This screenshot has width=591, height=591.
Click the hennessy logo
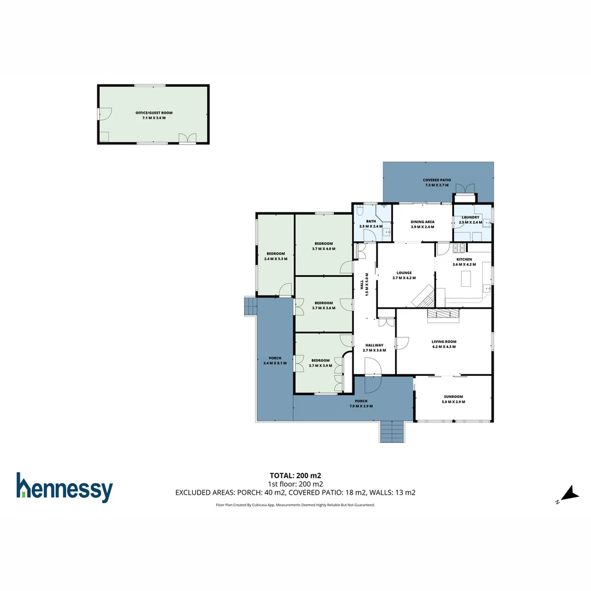coord(65,488)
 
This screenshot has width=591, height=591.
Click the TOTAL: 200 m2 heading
coord(295,475)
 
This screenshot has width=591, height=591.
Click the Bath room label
coord(371,223)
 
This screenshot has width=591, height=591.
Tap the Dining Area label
coord(422,224)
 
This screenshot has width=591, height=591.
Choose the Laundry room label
coord(471,219)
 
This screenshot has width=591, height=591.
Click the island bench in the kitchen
coord(467,278)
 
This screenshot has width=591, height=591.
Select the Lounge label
coord(405,275)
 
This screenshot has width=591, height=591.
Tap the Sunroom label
coord(453,399)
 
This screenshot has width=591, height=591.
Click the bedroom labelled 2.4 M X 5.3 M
coord(275,256)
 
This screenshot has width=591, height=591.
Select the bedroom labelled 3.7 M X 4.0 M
coord(323,246)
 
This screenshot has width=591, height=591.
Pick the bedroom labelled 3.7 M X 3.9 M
coord(323,363)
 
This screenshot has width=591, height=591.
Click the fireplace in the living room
coord(443,314)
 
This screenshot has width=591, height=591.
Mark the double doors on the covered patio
coord(465,189)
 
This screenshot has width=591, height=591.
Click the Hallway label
coord(374,347)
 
